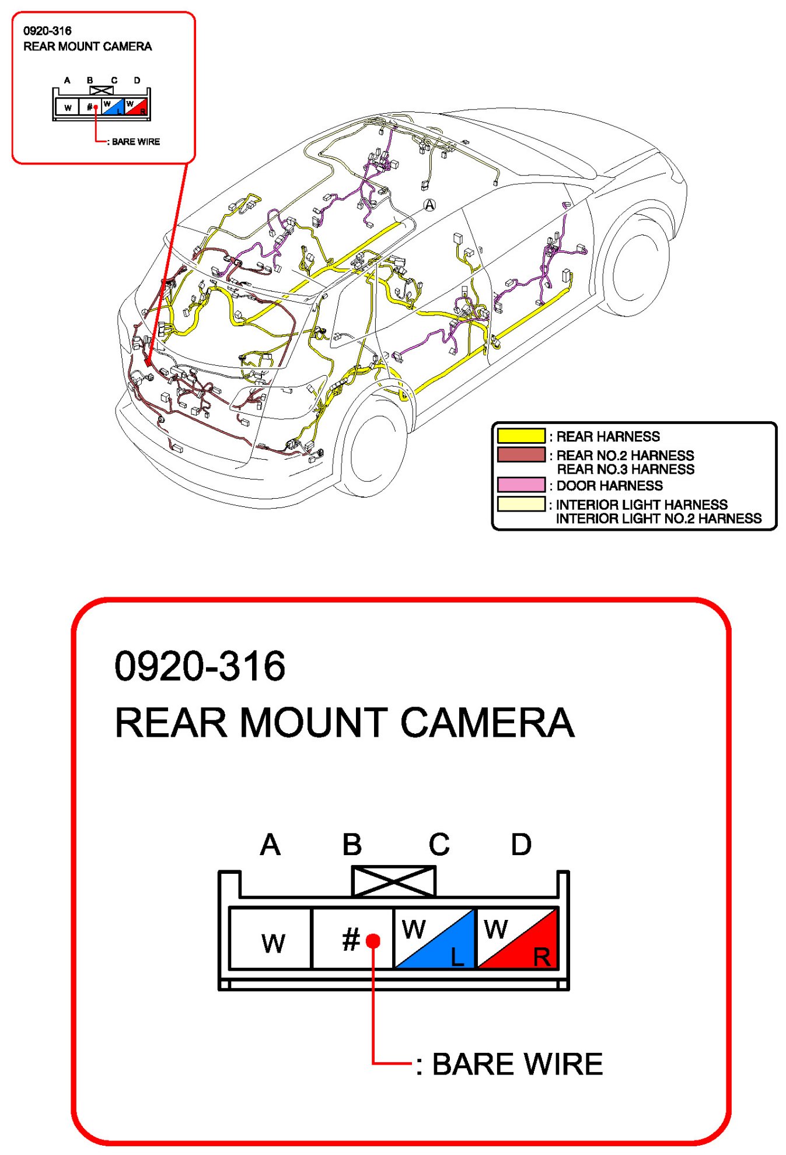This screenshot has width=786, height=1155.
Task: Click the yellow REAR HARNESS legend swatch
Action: (521, 436)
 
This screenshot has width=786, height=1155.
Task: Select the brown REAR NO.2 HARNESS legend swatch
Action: (521, 454)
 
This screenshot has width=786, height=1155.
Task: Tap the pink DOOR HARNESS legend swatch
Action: (521, 485)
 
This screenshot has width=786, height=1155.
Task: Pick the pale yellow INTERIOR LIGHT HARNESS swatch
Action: (521, 503)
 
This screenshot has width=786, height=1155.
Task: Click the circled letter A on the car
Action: (429, 205)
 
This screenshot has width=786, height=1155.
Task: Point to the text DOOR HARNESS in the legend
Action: (609, 485)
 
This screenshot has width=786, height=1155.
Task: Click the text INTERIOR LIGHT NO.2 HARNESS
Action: (659, 518)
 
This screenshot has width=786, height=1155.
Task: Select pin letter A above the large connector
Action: (270, 844)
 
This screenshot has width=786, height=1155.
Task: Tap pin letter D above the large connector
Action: (521, 844)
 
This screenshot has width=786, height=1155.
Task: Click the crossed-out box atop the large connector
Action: (394, 881)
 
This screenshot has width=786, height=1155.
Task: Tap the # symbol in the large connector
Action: (351, 939)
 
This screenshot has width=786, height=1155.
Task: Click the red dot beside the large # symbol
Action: (373, 940)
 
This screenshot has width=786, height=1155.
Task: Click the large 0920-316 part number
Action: (200, 666)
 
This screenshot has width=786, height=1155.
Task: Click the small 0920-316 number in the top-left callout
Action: (47, 31)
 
